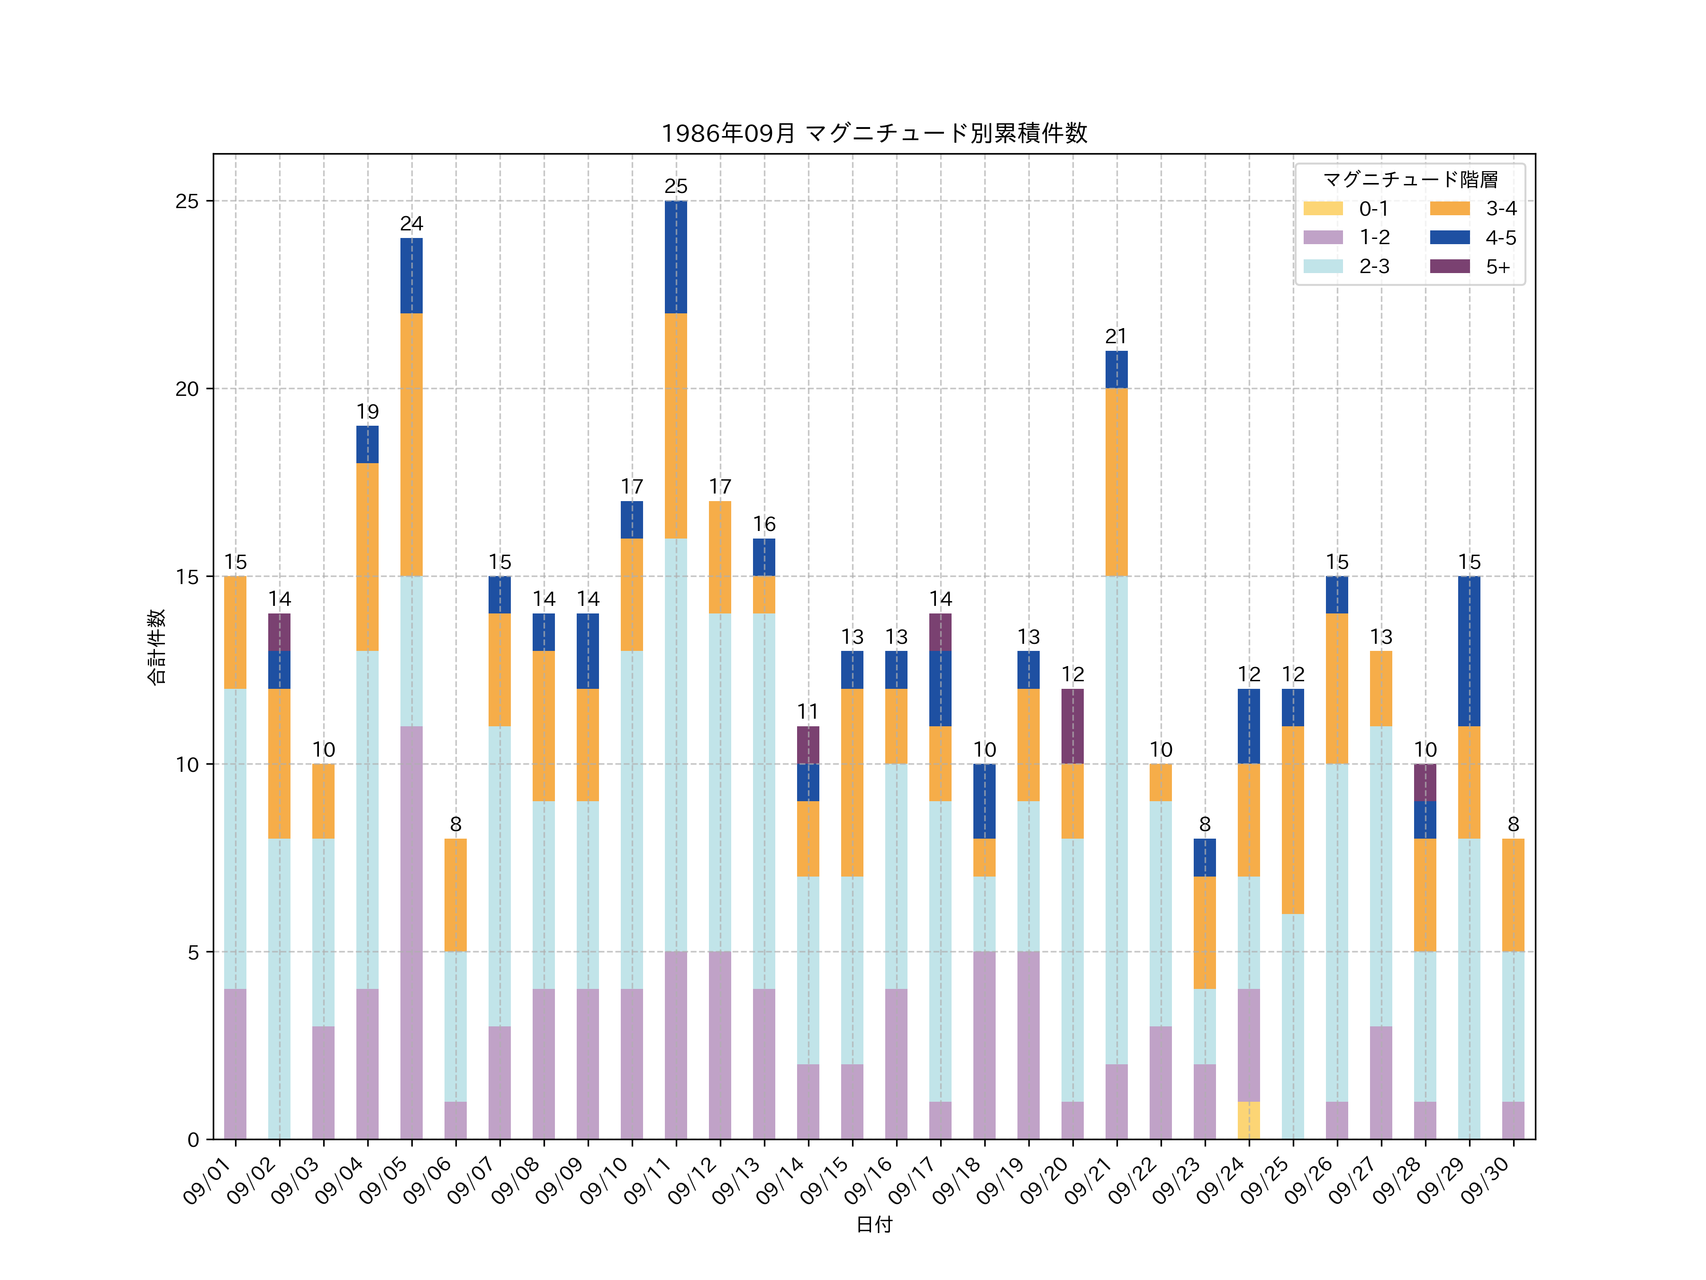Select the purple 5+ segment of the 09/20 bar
(x=1072, y=726)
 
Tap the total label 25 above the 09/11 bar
(x=676, y=186)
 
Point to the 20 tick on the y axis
(x=187, y=389)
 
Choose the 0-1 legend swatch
(x=1323, y=208)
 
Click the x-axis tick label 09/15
(x=825, y=1180)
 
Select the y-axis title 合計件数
(x=156, y=647)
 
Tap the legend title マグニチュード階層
(x=1410, y=180)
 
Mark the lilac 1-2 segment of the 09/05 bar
(x=411, y=932)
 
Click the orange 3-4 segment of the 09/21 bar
(x=1116, y=482)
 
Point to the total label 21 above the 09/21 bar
(x=1116, y=337)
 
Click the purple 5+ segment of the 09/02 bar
(x=279, y=632)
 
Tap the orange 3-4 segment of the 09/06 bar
(x=455, y=895)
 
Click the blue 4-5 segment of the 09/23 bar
(x=1205, y=857)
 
